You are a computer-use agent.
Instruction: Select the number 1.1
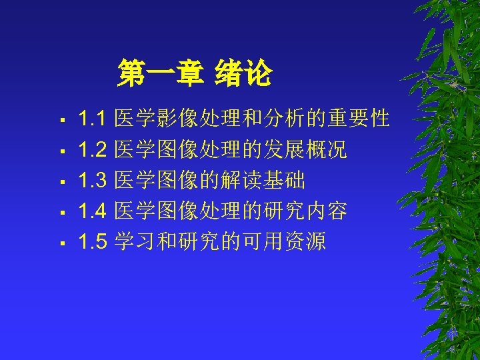coord(93,120)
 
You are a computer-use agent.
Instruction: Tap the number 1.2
coord(93,151)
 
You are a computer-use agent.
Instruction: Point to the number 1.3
coord(93,181)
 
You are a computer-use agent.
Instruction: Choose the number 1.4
coord(93,211)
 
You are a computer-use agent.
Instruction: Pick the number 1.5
coord(93,241)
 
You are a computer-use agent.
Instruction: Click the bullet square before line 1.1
coord(61,122)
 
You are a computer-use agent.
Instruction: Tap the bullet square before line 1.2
coord(61,153)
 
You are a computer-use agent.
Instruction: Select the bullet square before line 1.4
coord(61,213)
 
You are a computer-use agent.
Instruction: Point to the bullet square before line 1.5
coord(61,243)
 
